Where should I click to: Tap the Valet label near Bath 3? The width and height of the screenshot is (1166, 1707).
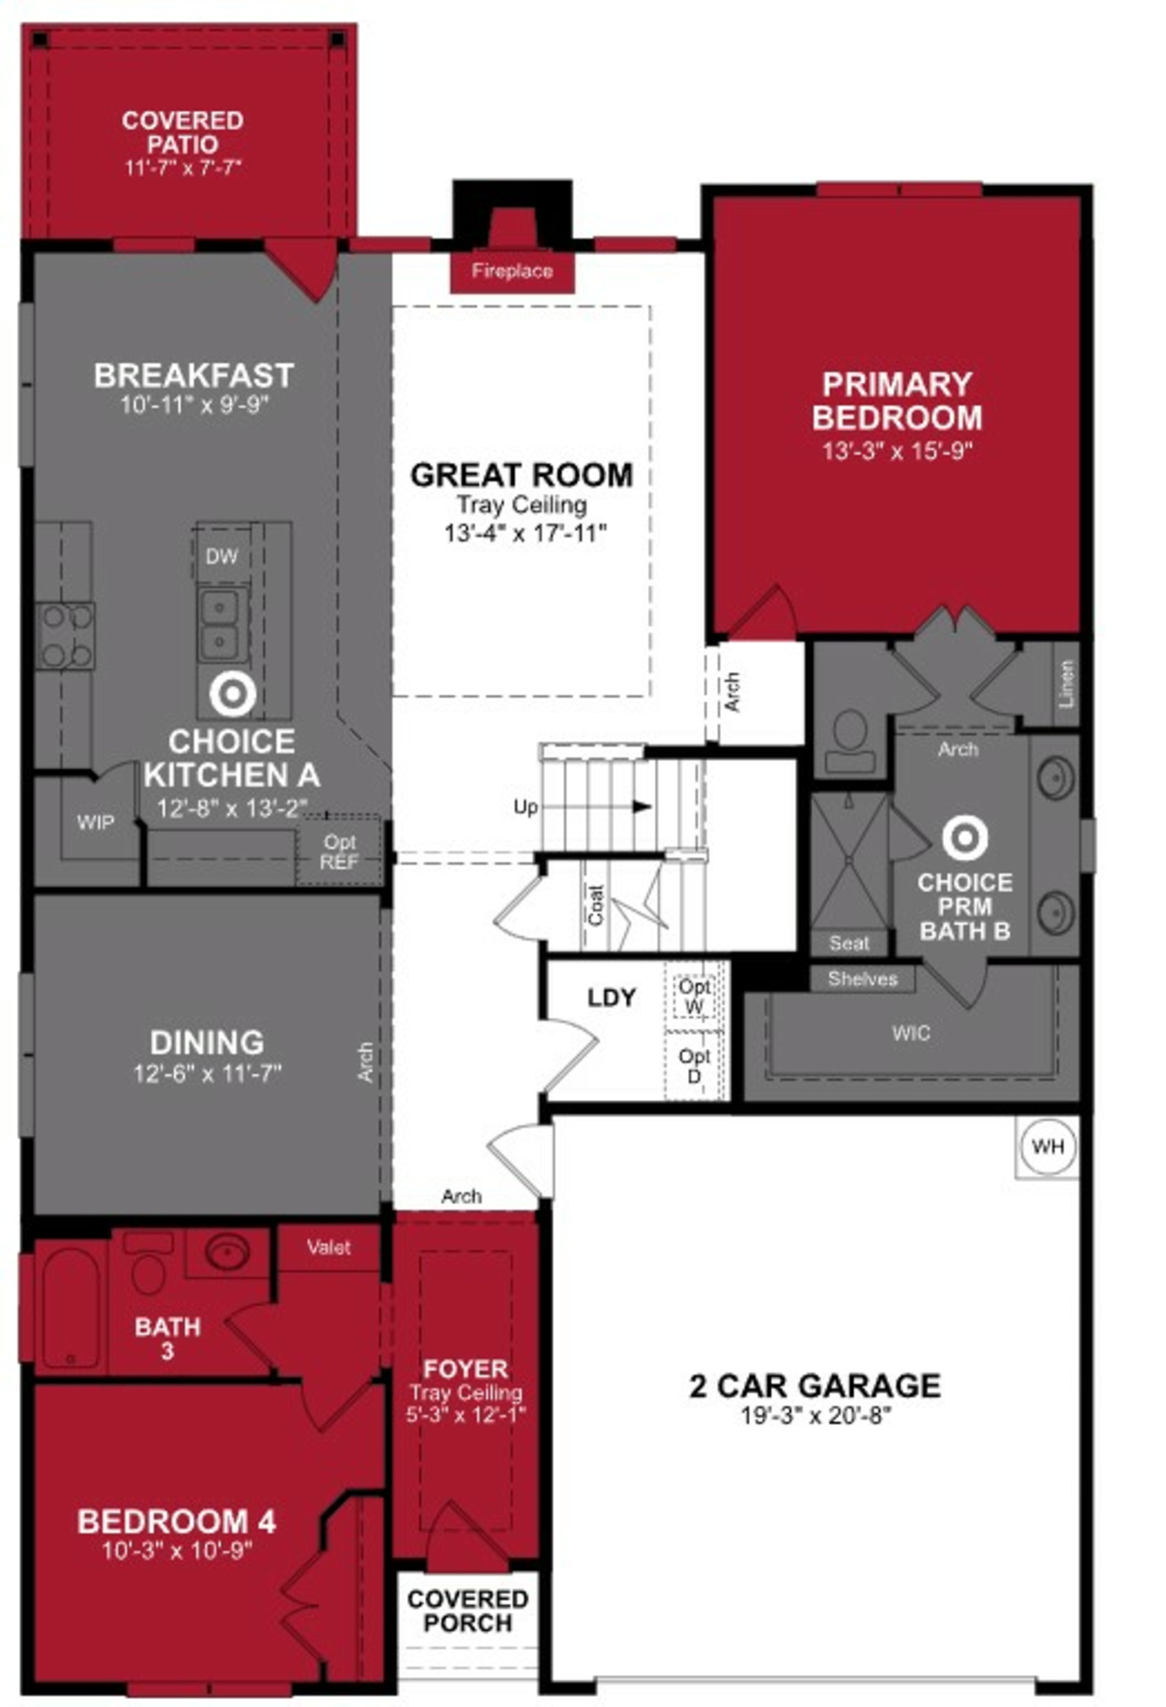pyautogui.click(x=329, y=1247)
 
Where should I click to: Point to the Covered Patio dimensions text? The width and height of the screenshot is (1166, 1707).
pyautogui.click(x=183, y=168)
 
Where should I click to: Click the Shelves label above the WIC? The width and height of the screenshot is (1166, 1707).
pyautogui.click(x=863, y=978)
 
